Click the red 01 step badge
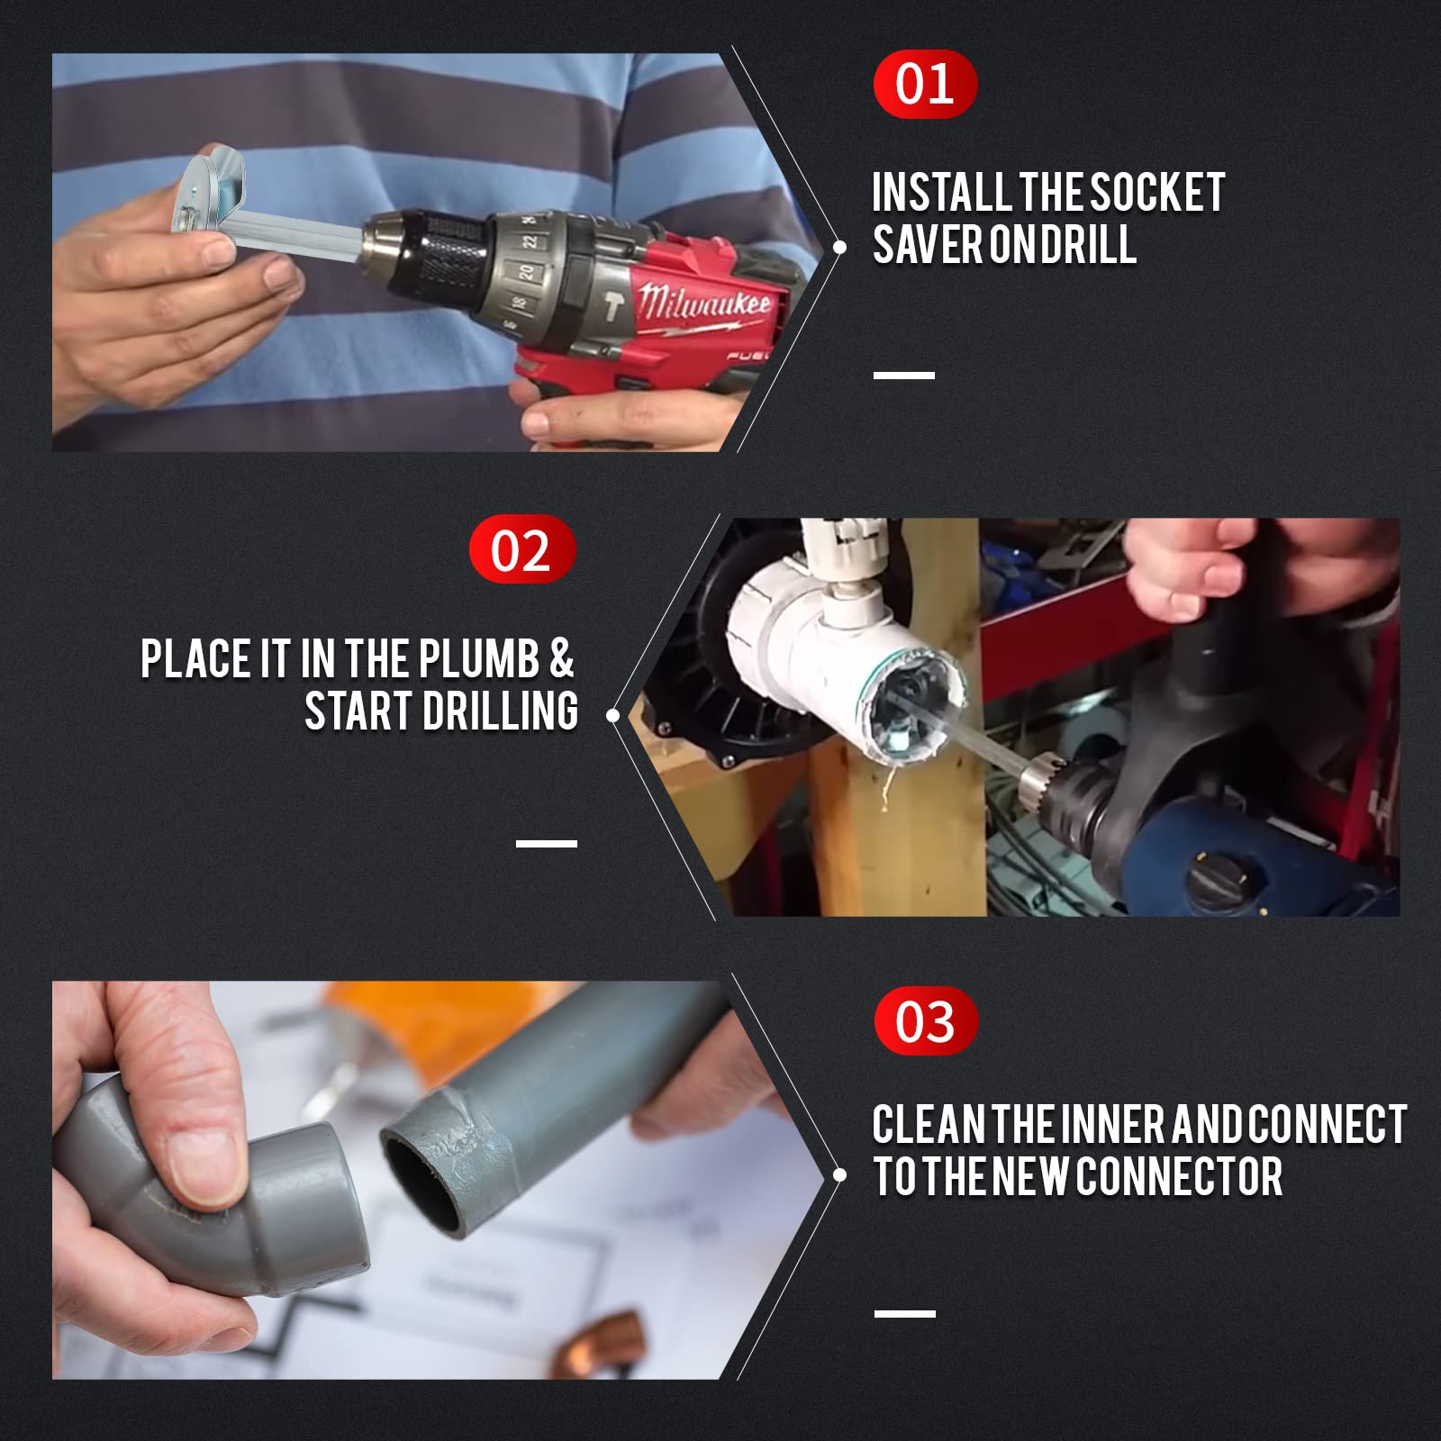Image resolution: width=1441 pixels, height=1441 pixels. pos(925,84)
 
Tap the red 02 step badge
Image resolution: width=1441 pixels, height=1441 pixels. pos(521,549)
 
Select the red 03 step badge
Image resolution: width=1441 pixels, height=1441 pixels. pos(925,1020)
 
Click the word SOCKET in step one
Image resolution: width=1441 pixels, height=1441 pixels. pos(1157,193)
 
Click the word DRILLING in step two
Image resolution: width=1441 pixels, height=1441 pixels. pos(500,711)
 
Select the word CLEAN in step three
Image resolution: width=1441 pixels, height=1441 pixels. pos(929,1125)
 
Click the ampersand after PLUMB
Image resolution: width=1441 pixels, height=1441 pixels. pos(560,658)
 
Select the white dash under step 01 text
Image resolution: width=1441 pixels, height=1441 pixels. pos(903,375)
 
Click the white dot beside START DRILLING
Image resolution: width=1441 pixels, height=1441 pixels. pos(613,716)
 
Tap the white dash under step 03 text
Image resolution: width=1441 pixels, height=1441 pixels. pos(904,1314)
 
